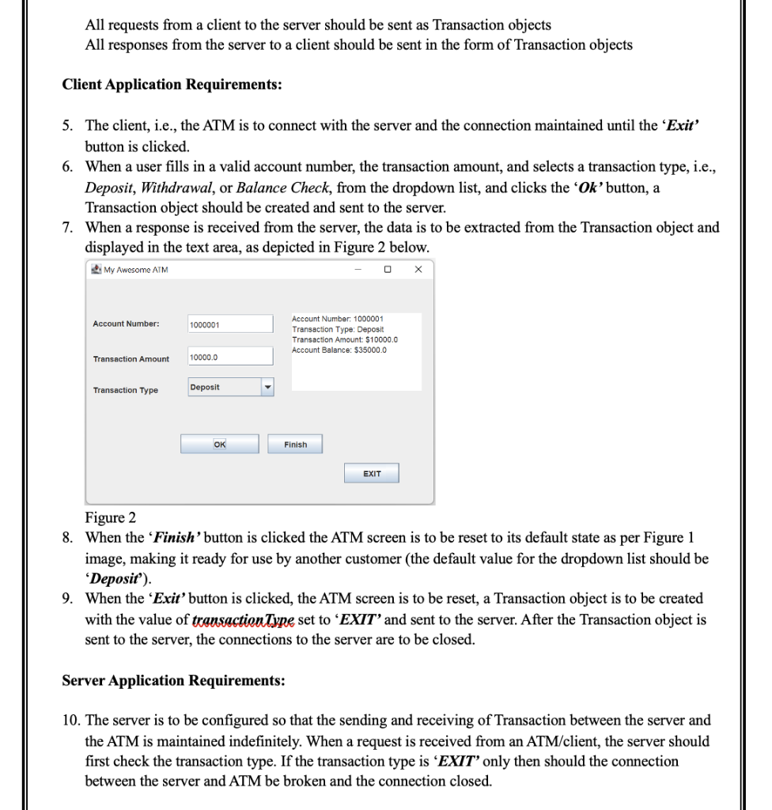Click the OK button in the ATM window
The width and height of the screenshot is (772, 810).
(219, 445)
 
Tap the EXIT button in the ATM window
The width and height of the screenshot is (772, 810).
(372, 474)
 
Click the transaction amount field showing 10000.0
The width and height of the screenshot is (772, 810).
(229, 358)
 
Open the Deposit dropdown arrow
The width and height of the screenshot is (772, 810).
(267, 388)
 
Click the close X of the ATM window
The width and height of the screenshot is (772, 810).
(418, 271)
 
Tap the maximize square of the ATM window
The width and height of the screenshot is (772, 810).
(388, 271)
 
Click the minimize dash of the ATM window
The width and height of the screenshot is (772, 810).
(358, 271)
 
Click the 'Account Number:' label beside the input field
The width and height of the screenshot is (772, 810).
(126, 324)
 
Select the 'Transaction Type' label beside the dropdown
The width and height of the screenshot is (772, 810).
(125, 390)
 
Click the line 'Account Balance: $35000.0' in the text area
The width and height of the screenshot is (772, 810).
(339, 350)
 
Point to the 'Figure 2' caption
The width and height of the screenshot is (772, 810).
(110, 518)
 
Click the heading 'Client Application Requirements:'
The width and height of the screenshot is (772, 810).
(172, 85)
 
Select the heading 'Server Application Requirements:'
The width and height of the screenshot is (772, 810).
(173, 680)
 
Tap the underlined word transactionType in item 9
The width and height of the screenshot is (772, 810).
(255, 620)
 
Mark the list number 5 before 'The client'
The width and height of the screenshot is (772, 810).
(69, 126)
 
